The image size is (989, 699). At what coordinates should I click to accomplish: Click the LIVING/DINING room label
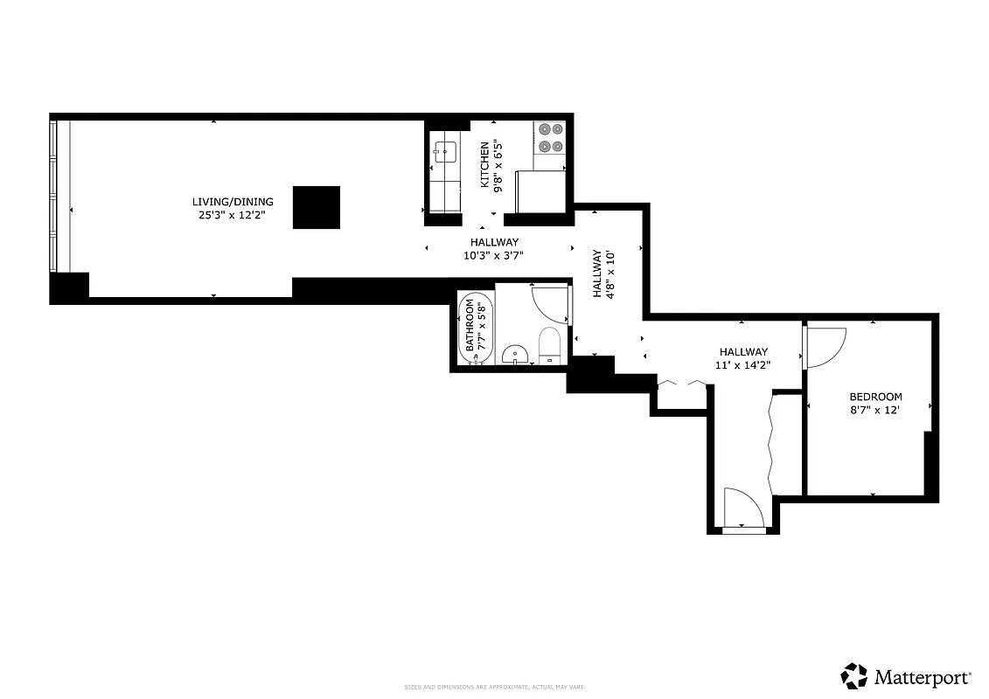point(233,201)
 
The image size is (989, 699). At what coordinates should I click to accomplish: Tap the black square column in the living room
point(316,207)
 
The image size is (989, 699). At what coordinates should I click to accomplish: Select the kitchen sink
point(445,151)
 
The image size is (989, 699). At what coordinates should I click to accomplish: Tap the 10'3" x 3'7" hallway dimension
point(495,255)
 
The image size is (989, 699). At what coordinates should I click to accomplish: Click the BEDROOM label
point(875,397)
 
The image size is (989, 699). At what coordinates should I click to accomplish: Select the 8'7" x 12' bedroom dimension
point(875,410)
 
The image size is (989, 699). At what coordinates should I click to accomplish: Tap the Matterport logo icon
point(854,675)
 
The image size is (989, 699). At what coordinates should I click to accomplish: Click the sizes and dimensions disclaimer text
point(494,687)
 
